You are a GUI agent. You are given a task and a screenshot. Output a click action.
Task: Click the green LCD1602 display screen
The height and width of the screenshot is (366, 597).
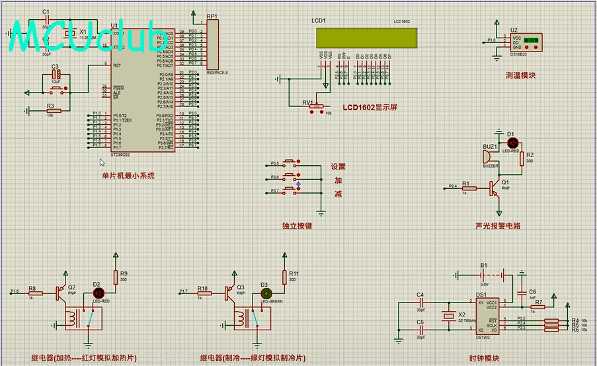366,38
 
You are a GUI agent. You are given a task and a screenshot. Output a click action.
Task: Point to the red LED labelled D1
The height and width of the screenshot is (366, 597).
512,142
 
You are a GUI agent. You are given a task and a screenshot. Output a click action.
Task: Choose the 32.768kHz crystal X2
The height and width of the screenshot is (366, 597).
450,316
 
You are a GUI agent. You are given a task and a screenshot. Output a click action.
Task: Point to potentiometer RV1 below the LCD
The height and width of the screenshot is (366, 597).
316,106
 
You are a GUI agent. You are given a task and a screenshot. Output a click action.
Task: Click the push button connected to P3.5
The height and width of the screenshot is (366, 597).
292,163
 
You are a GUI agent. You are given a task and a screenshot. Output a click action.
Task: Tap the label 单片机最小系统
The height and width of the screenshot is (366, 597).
128,176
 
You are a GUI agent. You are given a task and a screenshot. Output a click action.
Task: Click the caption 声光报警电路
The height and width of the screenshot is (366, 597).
498,225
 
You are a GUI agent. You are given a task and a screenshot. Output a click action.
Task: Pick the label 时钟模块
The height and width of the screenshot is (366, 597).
484,358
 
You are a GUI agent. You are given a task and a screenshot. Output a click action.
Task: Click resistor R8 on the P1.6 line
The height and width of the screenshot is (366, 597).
32,291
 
